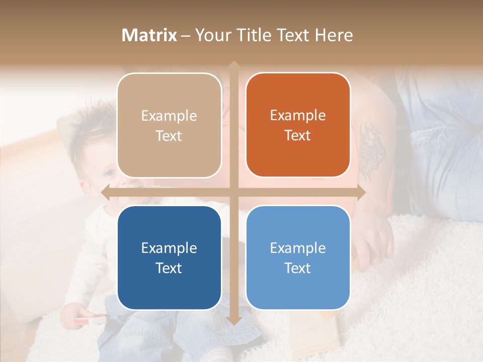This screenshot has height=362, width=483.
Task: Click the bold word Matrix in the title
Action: click(149, 35)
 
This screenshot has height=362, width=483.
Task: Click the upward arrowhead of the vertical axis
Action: click(233, 65)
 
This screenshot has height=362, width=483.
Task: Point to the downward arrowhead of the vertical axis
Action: click(233, 321)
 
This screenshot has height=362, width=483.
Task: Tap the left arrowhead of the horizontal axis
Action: click(105, 192)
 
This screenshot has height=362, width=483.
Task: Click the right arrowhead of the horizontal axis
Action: click(361, 192)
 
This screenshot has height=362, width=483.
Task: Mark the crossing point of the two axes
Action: click(233, 192)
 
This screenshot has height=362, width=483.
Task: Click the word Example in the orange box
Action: click(298, 115)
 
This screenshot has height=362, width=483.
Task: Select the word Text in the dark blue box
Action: click(169, 268)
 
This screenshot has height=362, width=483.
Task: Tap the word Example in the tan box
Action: click(169, 116)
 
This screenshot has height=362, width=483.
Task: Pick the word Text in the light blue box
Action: click(297, 268)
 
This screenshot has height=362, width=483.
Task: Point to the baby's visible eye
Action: click(109, 173)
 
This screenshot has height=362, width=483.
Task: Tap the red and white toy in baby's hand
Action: click(91, 319)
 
